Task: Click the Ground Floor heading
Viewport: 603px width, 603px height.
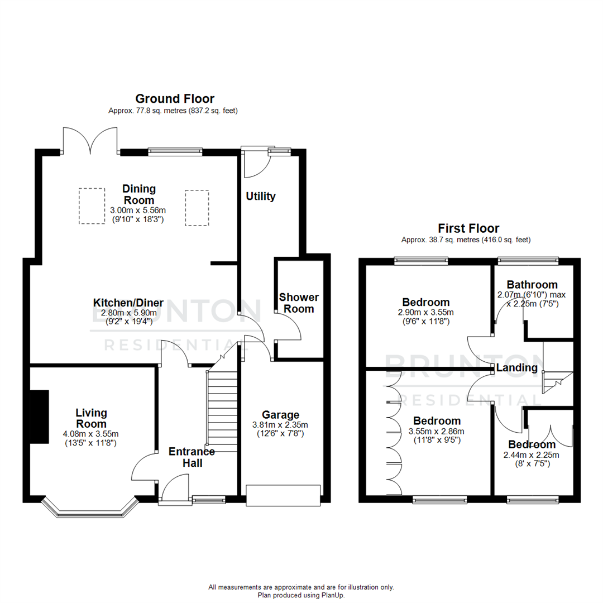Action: click(x=175, y=99)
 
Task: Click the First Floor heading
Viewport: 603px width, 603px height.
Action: click(x=468, y=228)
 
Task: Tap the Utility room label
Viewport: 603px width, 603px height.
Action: click(x=261, y=197)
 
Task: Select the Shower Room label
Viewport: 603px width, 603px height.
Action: click(x=299, y=303)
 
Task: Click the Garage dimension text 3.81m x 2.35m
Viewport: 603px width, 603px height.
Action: click(x=281, y=424)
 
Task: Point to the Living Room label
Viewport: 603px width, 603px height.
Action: click(x=92, y=418)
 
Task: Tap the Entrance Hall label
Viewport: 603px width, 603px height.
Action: click(x=192, y=457)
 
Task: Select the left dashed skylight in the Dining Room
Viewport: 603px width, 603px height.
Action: click(x=92, y=205)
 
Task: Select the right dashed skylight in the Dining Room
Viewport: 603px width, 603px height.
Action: click(x=197, y=207)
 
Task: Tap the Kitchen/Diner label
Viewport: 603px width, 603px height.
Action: click(x=128, y=303)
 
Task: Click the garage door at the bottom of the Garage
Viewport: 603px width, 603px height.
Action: click(x=283, y=496)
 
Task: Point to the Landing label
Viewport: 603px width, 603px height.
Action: click(x=517, y=368)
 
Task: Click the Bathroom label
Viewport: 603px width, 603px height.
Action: click(x=532, y=285)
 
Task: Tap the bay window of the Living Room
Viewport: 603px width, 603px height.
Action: click(x=90, y=510)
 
